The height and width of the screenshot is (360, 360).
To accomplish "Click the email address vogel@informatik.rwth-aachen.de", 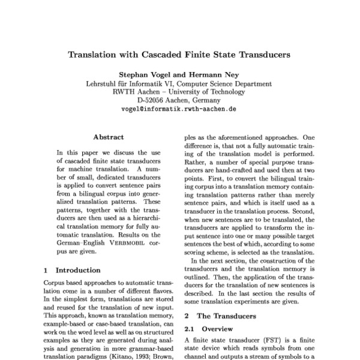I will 179,110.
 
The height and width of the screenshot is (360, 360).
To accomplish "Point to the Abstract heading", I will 109,137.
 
